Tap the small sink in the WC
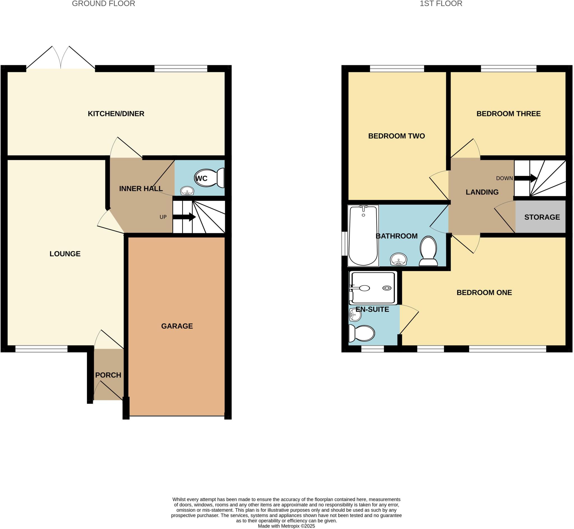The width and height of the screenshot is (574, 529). (x=187, y=191)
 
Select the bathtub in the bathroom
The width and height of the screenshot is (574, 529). (x=363, y=235)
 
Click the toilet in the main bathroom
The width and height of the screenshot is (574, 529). (x=428, y=251)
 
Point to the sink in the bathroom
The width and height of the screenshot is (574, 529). (x=399, y=259)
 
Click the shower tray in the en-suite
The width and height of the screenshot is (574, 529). (x=373, y=288)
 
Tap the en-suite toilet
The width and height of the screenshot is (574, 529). (x=362, y=333)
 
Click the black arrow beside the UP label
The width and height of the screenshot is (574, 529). (x=184, y=217)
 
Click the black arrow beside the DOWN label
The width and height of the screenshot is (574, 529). (x=525, y=178)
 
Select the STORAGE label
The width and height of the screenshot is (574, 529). (x=542, y=217)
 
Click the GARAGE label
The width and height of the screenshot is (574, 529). (x=177, y=326)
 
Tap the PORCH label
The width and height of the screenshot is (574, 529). (x=108, y=375)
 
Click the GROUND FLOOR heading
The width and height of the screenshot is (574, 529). (x=103, y=4)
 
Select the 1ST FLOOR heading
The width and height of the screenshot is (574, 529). (x=441, y=4)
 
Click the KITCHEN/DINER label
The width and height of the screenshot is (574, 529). (x=116, y=114)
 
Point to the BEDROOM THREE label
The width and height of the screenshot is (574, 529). (x=508, y=114)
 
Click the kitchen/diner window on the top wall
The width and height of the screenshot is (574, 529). (x=180, y=68)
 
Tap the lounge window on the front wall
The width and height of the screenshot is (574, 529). (x=41, y=349)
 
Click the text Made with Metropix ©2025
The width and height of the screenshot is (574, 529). (x=286, y=526)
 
